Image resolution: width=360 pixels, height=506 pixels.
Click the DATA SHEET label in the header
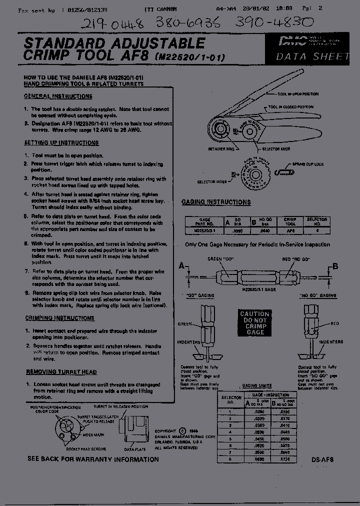(312, 56)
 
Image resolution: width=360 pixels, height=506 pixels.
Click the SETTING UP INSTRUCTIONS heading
(61, 143)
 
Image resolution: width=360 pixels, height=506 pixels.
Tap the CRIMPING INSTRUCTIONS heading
(60, 318)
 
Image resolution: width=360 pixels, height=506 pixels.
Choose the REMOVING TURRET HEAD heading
(61, 372)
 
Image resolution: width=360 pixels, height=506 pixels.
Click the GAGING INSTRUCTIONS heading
(216, 202)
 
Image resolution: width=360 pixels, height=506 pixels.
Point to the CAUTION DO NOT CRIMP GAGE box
(255, 323)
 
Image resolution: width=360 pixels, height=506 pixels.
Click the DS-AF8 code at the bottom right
(322, 459)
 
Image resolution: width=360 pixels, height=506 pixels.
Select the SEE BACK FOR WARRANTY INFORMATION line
(93, 459)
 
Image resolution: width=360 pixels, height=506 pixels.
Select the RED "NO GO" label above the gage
(295, 259)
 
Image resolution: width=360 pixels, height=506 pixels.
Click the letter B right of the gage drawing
(335, 265)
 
